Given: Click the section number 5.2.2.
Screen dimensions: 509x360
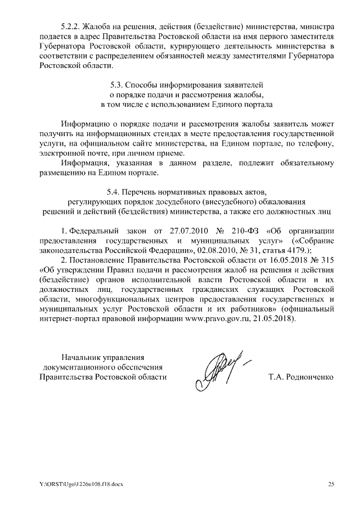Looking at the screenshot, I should click(x=70, y=26).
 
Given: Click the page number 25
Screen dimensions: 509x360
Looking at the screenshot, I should click(x=331, y=484).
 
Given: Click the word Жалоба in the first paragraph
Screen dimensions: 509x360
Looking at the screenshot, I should click(x=97, y=26).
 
